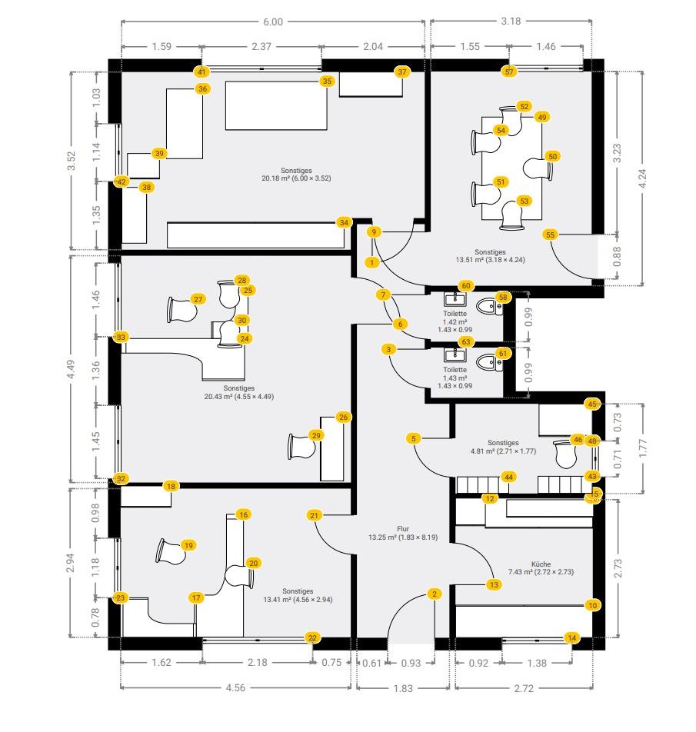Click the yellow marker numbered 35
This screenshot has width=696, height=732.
327,81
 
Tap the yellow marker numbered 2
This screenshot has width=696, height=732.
435,594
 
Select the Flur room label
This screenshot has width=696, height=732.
402,533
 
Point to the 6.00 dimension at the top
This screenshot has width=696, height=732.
273,22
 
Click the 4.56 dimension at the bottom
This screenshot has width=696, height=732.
235,688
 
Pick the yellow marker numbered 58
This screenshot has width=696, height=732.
503,297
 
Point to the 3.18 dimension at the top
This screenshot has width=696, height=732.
511,22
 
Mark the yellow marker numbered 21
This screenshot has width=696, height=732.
314,515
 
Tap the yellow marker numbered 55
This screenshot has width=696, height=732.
550,235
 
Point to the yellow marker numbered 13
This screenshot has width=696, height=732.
494,584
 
